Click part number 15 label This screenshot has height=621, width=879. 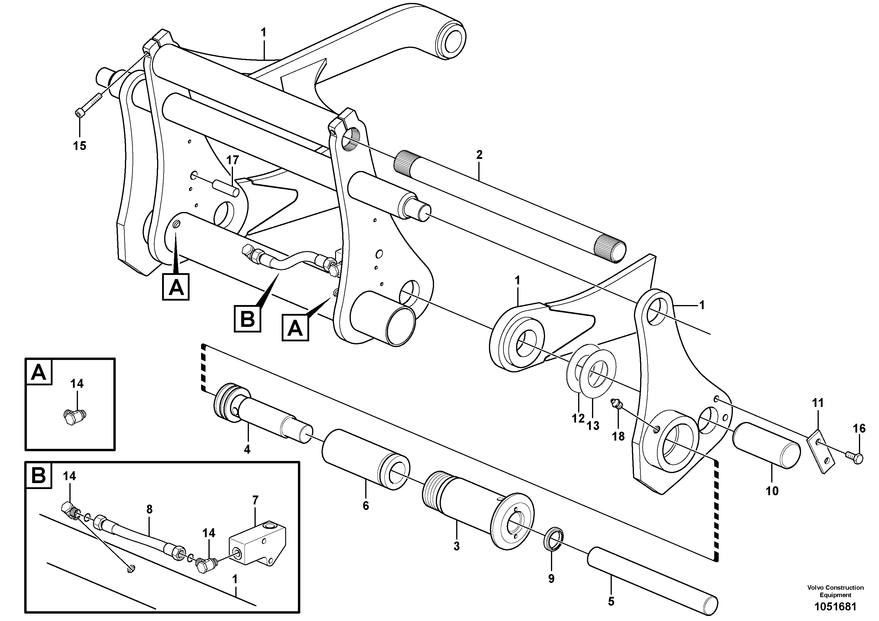coord(80,146)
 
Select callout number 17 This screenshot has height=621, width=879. coord(232,160)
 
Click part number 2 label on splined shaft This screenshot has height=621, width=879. coord(479,155)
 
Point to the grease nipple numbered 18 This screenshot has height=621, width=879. coord(617,404)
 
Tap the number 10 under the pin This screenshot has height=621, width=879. coord(772,491)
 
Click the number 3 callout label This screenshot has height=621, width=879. coord(456,546)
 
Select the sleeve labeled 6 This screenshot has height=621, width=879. coord(366,459)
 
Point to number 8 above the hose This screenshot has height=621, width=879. coord(149,509)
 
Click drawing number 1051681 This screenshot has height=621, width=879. coord(836,607)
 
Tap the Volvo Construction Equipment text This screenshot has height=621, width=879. coord(835,591)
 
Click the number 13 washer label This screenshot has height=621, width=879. coord(593,425)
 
